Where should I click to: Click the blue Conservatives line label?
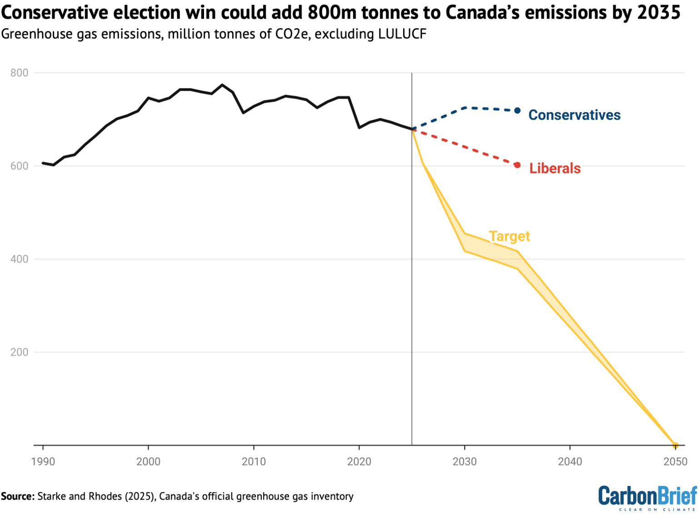574,115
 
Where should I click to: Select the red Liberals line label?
554,168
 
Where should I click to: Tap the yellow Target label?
509,236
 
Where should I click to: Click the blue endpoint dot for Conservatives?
518,111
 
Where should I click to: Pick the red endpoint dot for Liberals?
517,165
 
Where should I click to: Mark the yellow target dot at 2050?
675,445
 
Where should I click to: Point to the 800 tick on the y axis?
19,73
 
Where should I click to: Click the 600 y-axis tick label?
19,166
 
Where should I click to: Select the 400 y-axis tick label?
19,259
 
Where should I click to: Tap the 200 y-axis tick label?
19,352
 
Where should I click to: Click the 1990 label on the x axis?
43,462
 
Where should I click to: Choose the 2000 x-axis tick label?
149,462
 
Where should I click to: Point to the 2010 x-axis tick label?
254,462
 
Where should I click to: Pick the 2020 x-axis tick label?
359,462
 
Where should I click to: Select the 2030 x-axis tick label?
464,462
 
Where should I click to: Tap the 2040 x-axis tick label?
570,462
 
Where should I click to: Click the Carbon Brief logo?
647,497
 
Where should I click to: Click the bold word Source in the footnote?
17,496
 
